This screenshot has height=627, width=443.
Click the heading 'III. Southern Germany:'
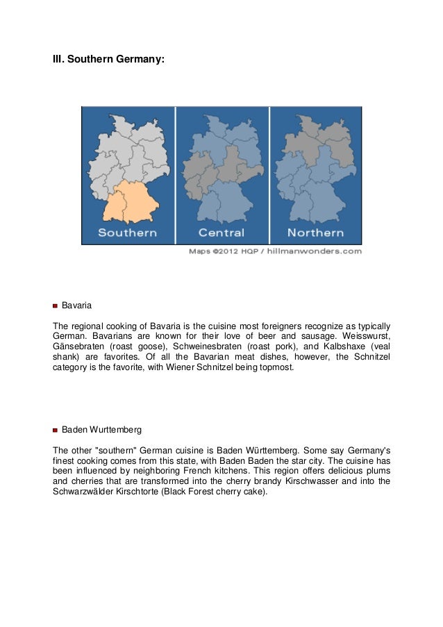109,60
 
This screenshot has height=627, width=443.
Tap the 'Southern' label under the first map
127,233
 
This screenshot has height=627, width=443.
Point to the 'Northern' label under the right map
315,233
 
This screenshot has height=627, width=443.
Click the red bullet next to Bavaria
56,306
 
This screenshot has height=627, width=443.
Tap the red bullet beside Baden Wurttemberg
56,430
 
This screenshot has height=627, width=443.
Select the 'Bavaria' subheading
77,306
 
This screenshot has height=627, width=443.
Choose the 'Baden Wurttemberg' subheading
101,430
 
